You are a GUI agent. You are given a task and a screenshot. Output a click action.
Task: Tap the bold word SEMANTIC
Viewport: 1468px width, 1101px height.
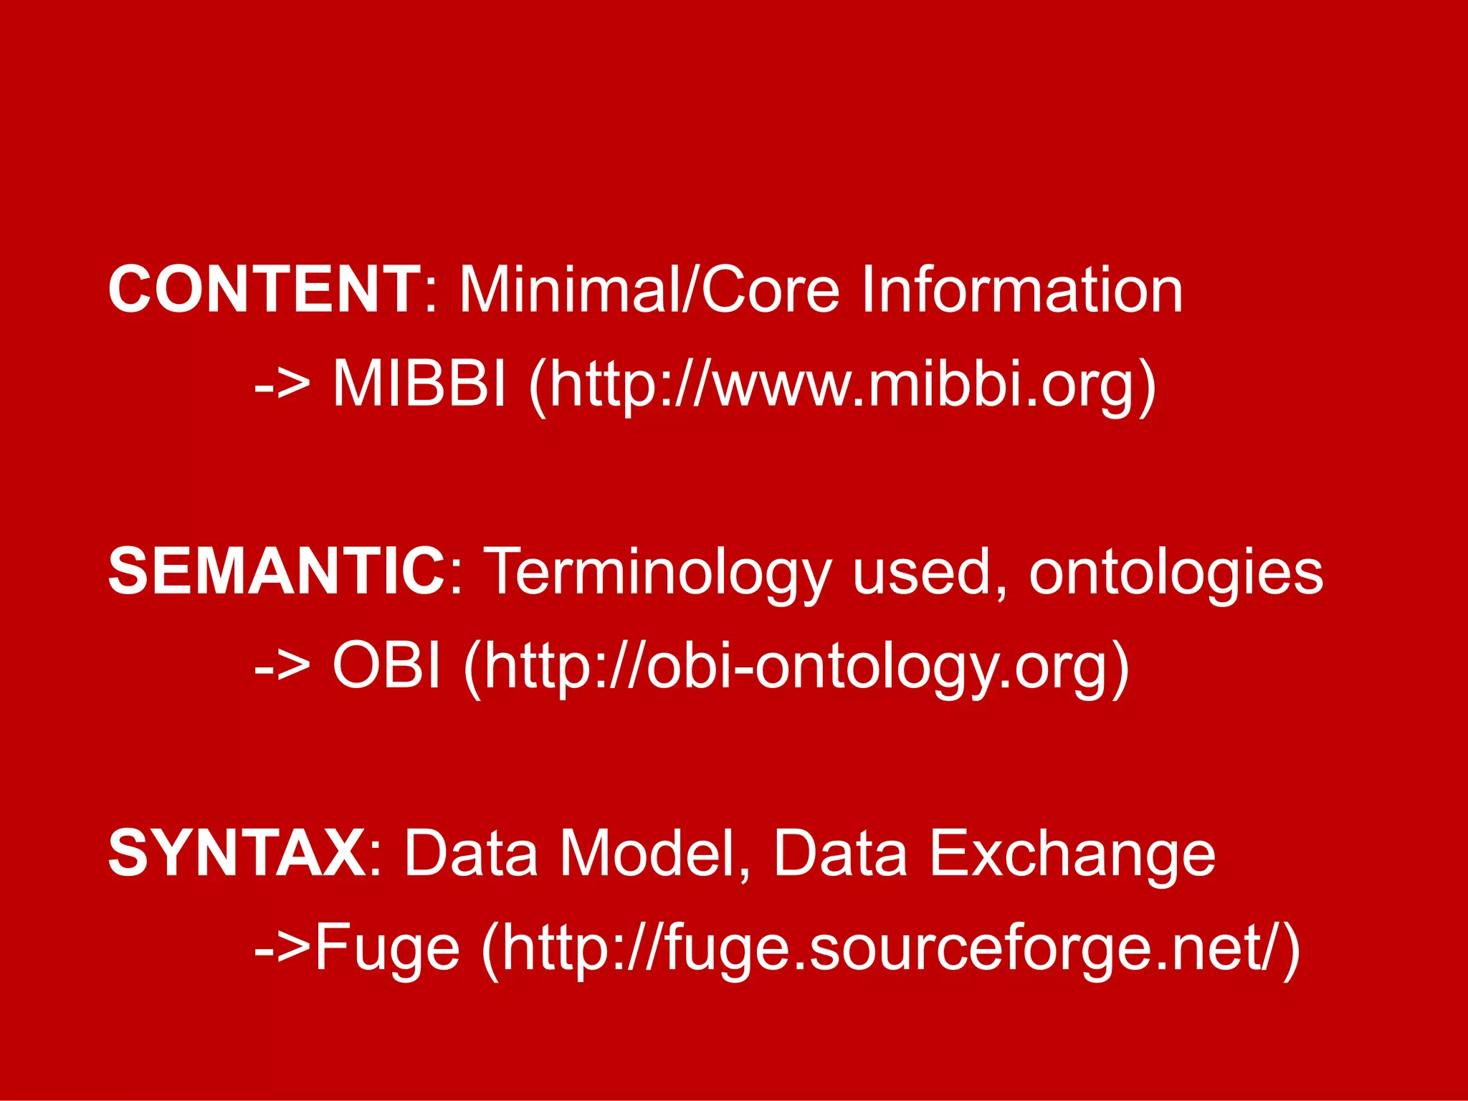pyautogui.click(x=277, y=571)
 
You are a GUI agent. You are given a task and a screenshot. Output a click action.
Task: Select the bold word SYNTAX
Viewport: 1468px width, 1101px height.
pyautogui.click(x=237, y=853)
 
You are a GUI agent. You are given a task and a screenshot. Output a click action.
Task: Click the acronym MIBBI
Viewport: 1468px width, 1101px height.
pyautogui.click(x=419, y=383)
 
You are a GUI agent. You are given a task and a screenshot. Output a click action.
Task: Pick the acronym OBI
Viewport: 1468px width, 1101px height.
pyautogui.click(x=386, y=664)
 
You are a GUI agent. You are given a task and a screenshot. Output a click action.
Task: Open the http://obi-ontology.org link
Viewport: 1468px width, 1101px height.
pyautogui.click(x=796, y=667)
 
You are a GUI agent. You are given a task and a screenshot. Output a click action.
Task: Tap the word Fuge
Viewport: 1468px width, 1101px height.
pyautogui.click(x=387, y=948)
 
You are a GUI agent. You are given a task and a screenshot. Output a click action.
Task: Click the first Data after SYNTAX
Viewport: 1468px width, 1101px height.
pyautogui.click(x=471, y=853)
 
